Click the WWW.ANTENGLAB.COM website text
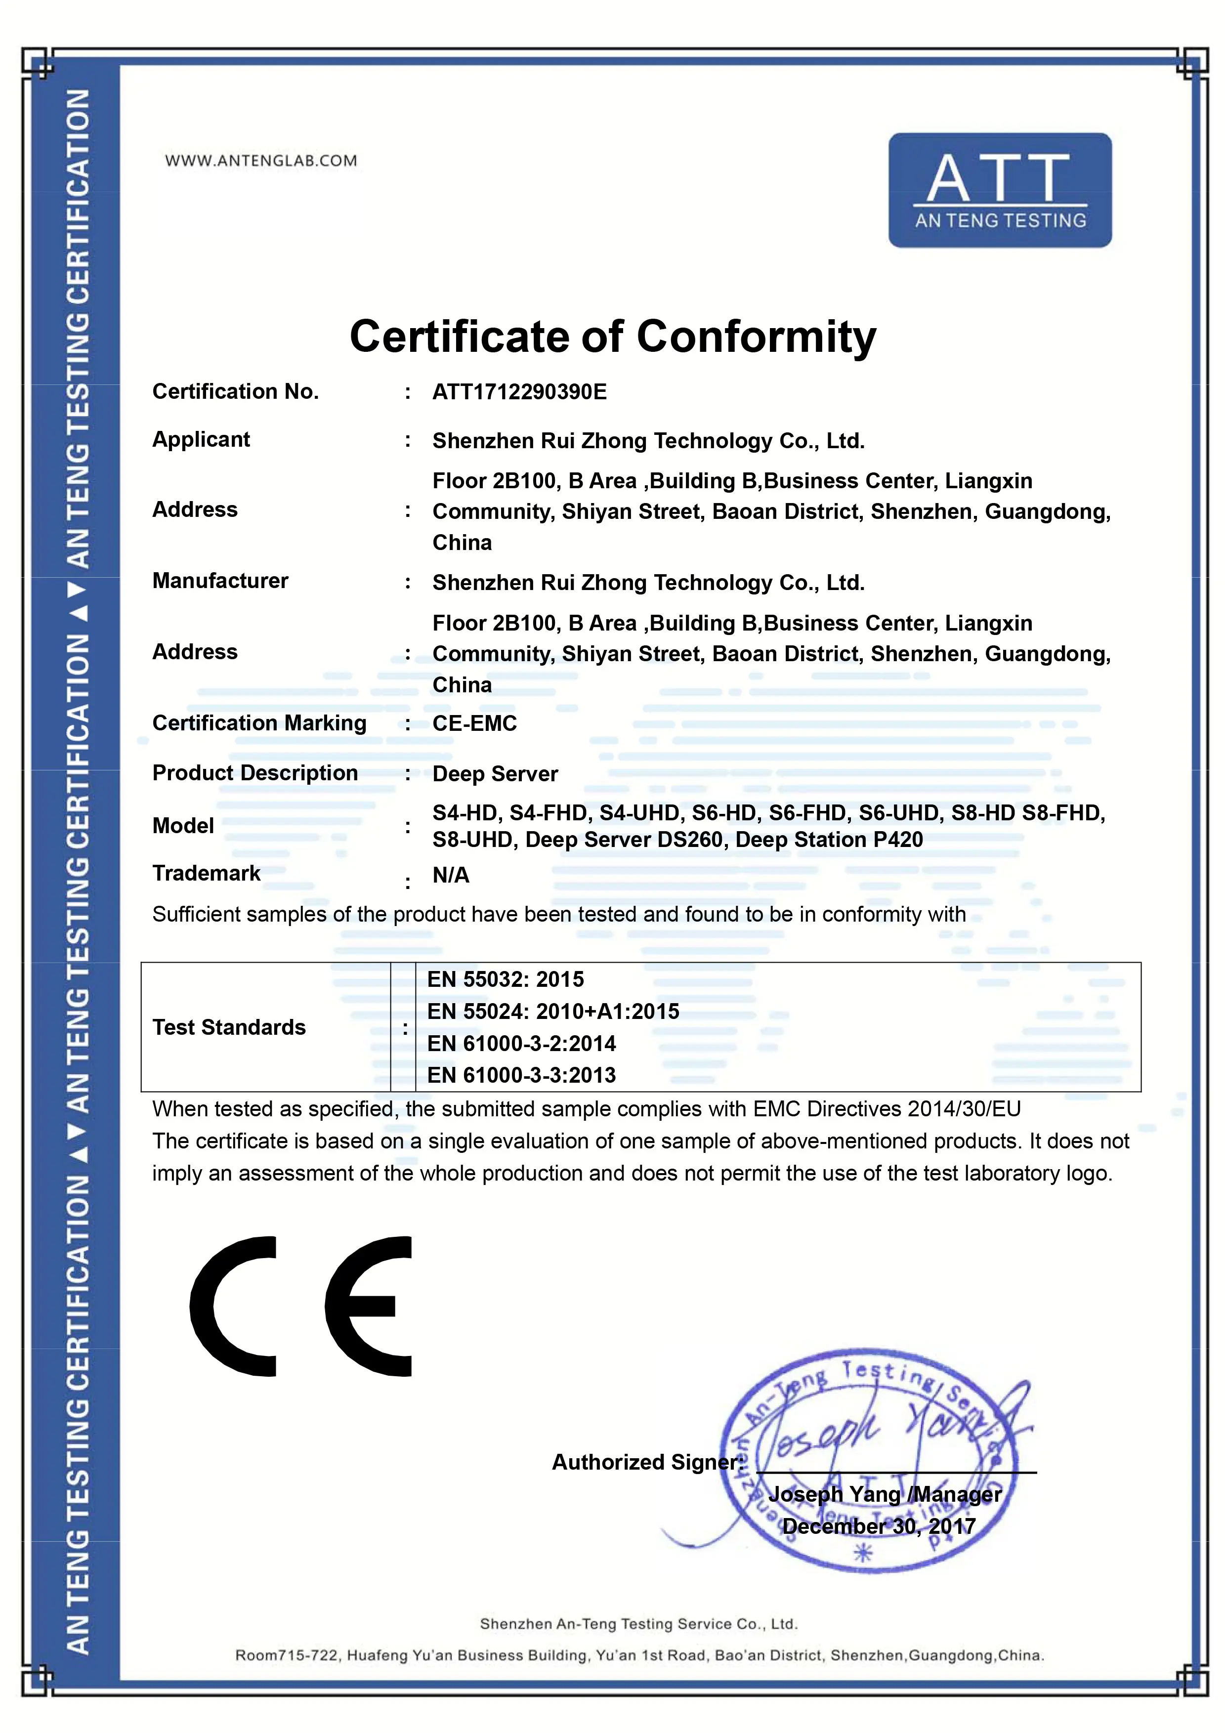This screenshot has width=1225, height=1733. (261, 161)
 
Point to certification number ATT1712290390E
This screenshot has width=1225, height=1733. (519, 392)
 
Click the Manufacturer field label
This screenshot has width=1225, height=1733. (220, 581)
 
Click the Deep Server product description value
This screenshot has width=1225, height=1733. (495, 774)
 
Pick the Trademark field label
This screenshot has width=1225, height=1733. (206, 873)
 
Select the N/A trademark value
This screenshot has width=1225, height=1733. (451, 876)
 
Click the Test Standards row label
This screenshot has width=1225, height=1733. (229, 1027)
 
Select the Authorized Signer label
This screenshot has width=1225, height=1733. (647, 1462)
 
